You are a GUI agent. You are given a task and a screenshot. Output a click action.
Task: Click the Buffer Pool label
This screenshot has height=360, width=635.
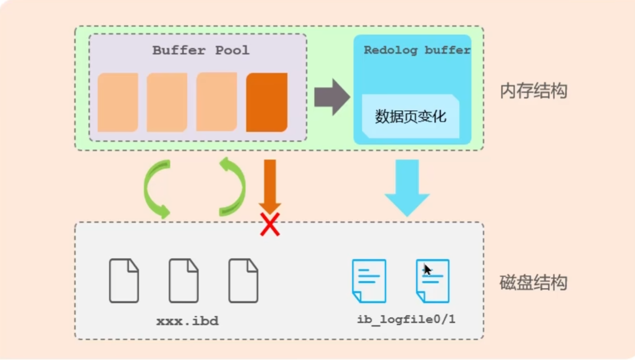[x=200, y=51]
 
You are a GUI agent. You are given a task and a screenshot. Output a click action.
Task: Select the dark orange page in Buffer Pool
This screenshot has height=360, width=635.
[x=266, y=102]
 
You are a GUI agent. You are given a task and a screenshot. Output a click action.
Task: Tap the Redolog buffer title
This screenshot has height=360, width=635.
[x=417, y=51]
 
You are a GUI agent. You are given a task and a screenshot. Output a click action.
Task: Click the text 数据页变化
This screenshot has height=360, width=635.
[x=410, y=117]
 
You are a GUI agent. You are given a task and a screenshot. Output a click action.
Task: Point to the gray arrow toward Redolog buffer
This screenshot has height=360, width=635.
[x=331, y=97]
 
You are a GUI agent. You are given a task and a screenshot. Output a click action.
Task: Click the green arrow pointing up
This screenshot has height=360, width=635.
[x=232, y=186]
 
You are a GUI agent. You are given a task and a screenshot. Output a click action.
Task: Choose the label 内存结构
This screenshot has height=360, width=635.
[x=533, y=91]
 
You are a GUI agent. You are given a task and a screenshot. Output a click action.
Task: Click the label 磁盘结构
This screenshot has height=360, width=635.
[x=533, y=282]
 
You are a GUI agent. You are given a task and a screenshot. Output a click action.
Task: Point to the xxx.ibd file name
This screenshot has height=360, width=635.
[x=187, y=321]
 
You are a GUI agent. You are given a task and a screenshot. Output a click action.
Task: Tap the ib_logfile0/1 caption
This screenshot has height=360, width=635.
[x=406, y=320]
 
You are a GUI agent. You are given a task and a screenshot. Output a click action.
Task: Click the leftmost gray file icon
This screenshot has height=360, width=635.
[x=124, y=281]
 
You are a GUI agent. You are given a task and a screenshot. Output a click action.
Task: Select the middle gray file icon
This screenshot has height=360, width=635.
[x=184, y=281]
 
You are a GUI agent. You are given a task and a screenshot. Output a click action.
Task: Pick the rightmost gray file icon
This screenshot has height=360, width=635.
[x=243, y=281]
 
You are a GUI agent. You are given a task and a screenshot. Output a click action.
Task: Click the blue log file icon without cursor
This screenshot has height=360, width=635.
[x=369, y=281]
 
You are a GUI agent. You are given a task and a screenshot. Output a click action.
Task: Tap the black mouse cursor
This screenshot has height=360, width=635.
[x=427, y=269]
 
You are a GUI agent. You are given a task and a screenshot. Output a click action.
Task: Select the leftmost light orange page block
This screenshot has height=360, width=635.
[x=118, y=102]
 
